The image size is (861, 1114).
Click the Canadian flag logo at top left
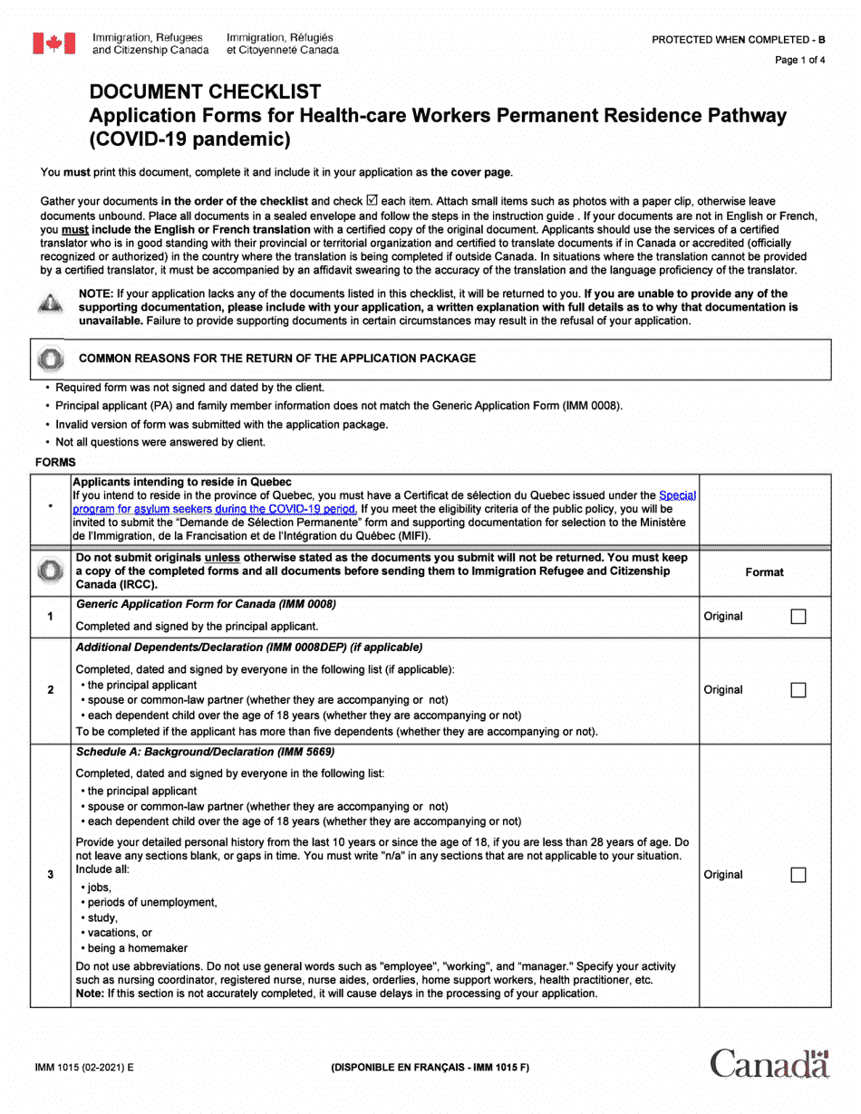pyautogui.click(x=53, y=43)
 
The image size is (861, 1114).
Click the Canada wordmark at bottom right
pyautogui.click(x=769, y=1063)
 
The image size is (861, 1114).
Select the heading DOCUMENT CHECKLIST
pyautogui.click(x=205, y=91)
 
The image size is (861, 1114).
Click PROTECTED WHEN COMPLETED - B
pyautogui.click(x=739, y=40)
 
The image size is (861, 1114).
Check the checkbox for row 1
pyautogui.click(x=798, y=617)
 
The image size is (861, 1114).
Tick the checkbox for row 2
pyautogui.click(x=798, y=690)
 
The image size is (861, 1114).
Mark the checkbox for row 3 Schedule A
pyautogui.click(x=798, y=875)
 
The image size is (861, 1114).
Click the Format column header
pyautogui.click(x=764, y=572)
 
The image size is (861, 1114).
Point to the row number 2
pyautogui.click(x=50, y=690)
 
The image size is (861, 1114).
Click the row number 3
pyautogui.click(x=50, y=875)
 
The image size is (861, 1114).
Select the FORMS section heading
pyautogui.click(x=55, y=462)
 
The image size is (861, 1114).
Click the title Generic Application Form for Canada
pyautogui.click(x=206, y=604)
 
